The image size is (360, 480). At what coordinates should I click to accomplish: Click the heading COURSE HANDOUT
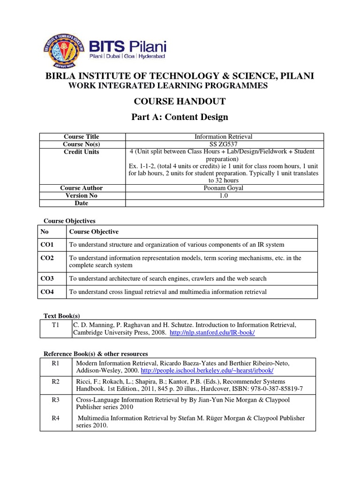coord(180,101)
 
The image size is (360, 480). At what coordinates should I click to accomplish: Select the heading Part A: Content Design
coord(180,117)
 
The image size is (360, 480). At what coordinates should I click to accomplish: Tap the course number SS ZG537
coord(223,144)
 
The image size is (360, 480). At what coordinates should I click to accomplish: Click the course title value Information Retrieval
coord(223,136)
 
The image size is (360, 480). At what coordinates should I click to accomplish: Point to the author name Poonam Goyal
coord(223,188)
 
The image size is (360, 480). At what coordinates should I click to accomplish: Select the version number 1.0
coord(223,195)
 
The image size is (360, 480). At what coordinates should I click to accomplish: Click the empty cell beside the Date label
coord(223,203)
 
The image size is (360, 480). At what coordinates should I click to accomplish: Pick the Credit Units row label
coord(82,152)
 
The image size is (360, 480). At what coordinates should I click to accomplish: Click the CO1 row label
coord(47,245)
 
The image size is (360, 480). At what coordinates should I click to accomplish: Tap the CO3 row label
coord(47,278)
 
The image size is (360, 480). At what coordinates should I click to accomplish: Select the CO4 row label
coord(47,292)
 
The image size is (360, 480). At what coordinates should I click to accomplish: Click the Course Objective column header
coord(94,232)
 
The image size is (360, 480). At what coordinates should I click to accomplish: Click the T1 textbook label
coord(56,324)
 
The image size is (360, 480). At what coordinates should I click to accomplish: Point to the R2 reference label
coord(56,382)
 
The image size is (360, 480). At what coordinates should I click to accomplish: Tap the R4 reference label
coord(56,418)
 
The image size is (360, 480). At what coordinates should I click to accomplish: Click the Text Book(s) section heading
coord(61,316)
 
